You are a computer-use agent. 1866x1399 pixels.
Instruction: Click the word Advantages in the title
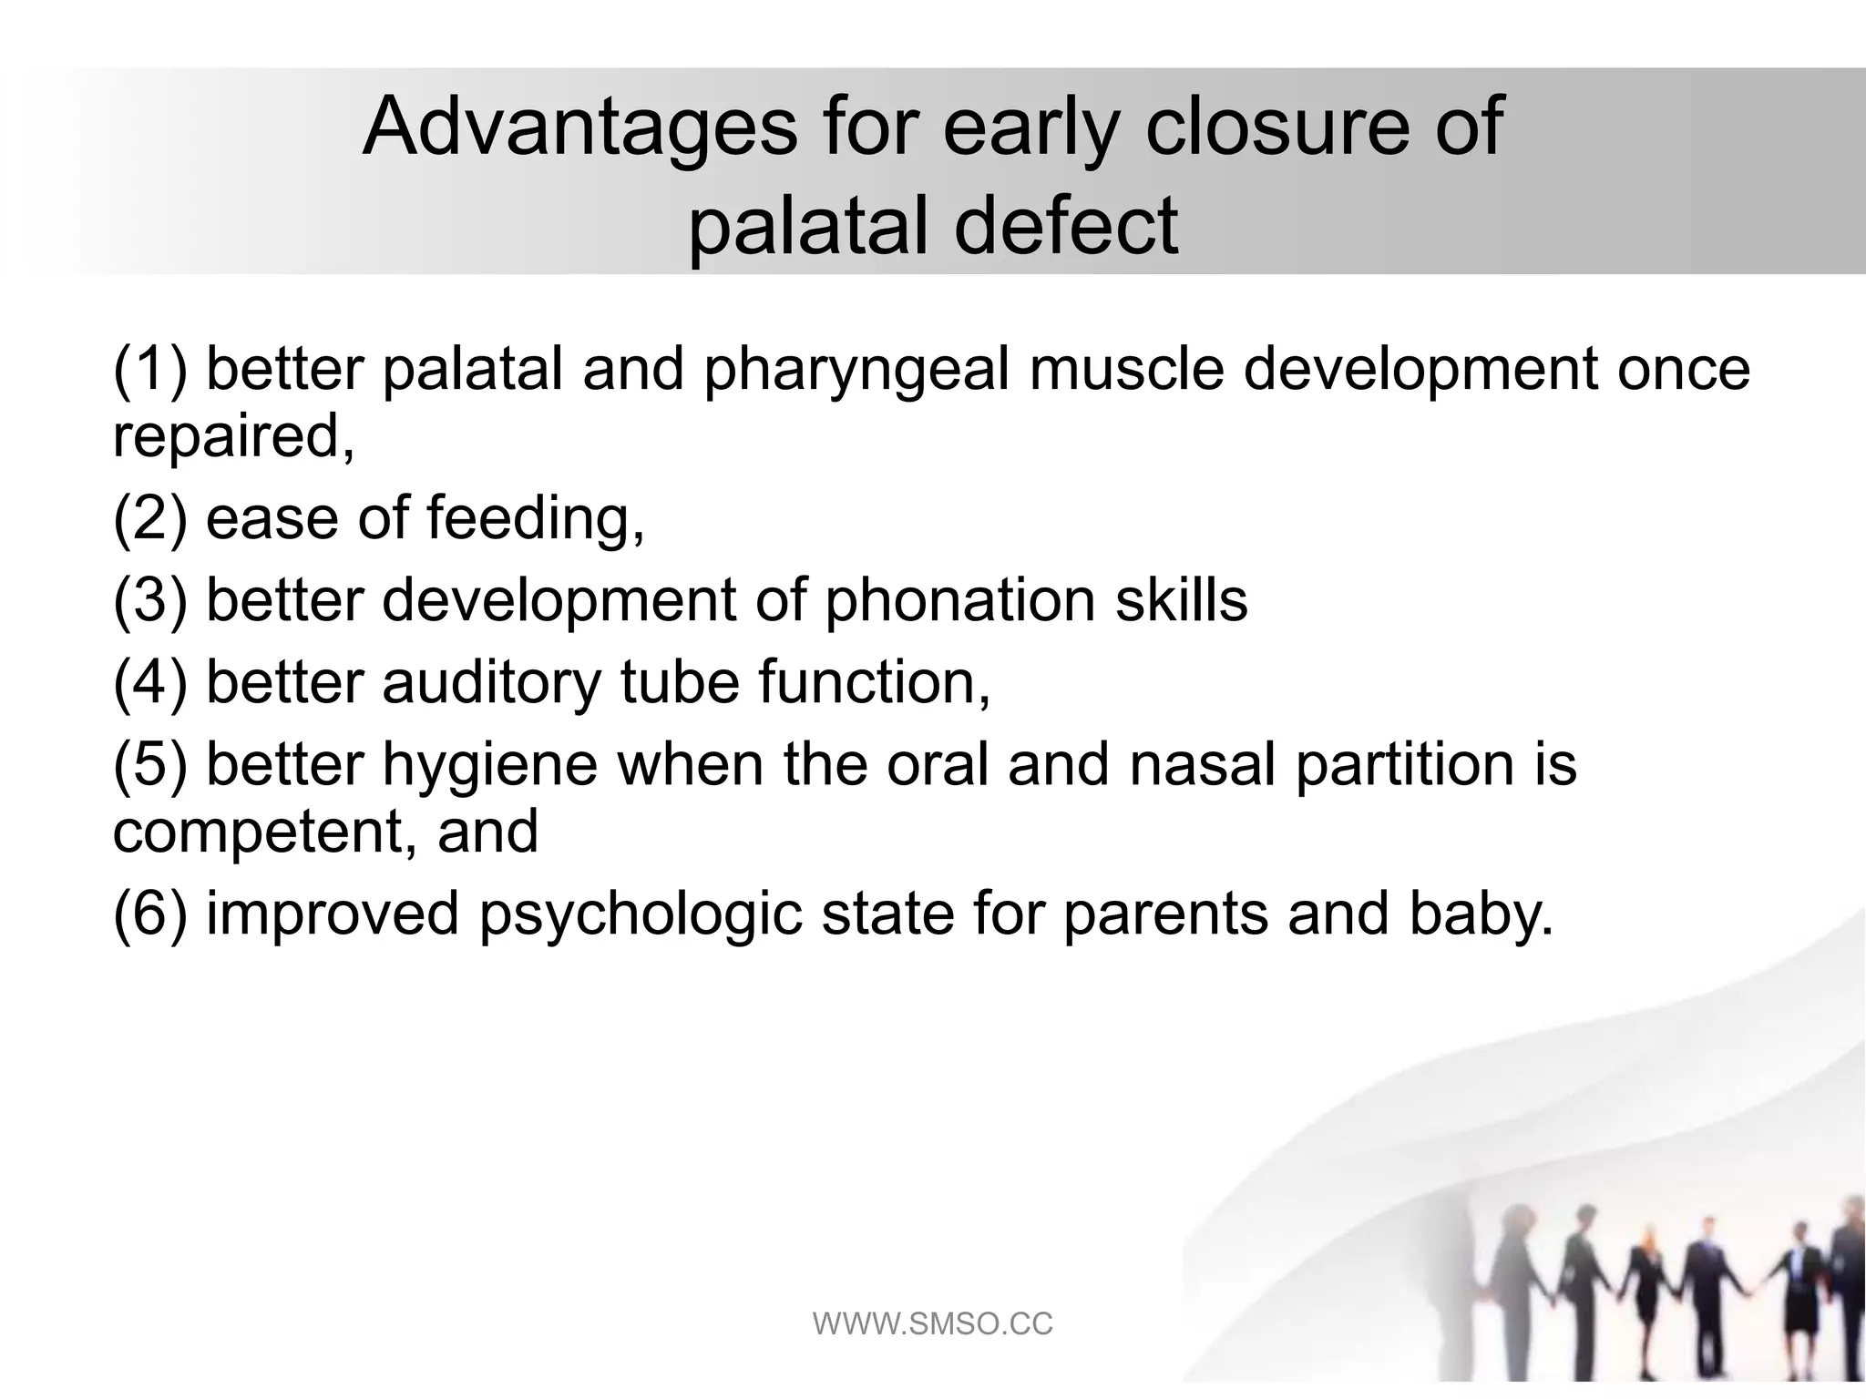coord(579,127)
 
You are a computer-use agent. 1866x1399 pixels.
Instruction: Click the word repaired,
coord(233,436)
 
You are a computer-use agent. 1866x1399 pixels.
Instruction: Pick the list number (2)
coord(149,517)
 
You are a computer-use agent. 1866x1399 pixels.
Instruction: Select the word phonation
coord(959,601)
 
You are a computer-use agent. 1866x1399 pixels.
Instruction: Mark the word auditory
coord(491,683)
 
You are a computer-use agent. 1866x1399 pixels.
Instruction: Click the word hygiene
coord(489,765)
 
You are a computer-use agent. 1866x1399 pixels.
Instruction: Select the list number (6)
coord(149,914)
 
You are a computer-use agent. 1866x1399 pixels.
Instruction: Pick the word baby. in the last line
coord(1481,914)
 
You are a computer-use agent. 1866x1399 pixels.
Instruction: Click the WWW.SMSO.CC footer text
coord(932,1323)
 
